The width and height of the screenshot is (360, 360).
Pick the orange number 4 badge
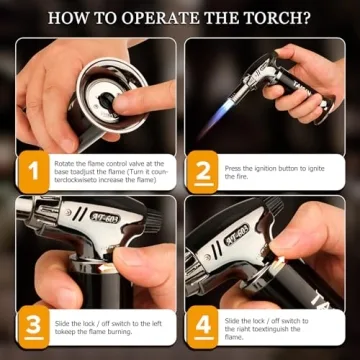[204, 325]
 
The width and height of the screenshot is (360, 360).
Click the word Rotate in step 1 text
[65, 159]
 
